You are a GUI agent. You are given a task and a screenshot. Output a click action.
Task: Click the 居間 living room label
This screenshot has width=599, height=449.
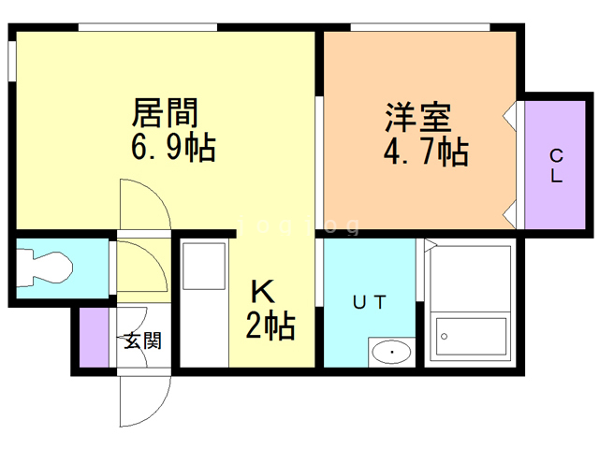(x=165, y=114)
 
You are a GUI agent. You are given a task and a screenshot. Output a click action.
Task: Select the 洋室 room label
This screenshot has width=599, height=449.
(x=418, y=119)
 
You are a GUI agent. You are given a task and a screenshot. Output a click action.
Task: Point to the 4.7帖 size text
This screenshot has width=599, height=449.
(x=425, y=151)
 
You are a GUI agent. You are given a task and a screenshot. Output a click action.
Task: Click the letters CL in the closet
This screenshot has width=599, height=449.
(x=555, y=166)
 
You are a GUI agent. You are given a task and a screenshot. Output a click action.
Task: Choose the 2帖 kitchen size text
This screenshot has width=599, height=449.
(x=270, y=326)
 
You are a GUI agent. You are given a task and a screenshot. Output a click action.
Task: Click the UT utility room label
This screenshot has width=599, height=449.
(x=368, y=302)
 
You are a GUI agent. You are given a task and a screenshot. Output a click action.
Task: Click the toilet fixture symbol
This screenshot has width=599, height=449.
(x=47, y=266)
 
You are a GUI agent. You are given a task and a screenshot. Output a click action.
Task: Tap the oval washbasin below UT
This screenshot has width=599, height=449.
(x=390, y=353)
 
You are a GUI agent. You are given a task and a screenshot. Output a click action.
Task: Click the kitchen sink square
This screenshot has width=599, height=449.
(x=203, y=266)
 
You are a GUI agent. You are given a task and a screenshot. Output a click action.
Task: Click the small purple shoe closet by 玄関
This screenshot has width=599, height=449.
(x=94, y=337)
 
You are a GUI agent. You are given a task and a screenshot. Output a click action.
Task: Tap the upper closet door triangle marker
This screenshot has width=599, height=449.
(x=510, y=116)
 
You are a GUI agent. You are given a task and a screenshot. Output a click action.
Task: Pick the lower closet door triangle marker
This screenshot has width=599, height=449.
(x=510, y=216)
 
